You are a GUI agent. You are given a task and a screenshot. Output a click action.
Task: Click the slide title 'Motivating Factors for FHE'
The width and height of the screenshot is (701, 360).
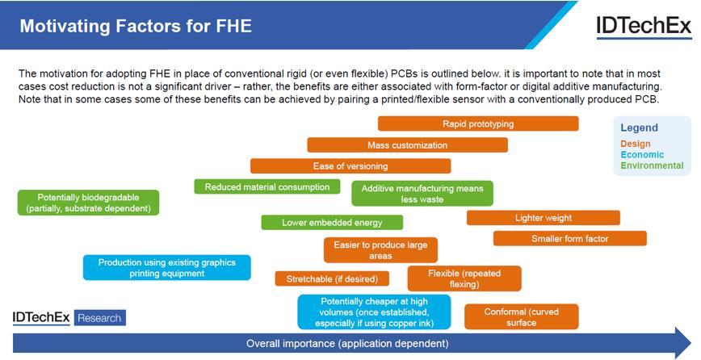(x=136, y=26)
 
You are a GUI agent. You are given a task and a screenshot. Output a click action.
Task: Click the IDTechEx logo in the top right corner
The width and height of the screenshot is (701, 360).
(x=643, y=27)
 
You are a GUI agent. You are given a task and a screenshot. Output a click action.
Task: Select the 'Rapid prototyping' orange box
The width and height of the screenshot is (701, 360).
(x=478, y=123)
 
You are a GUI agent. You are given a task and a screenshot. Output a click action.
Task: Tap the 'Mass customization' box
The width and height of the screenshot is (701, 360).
(x=407, y=145)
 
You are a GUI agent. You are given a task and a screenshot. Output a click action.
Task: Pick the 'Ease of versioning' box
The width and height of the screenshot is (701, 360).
(x=350, y=166)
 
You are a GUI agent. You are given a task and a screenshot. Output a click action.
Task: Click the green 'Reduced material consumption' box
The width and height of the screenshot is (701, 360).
(x=267, y=187)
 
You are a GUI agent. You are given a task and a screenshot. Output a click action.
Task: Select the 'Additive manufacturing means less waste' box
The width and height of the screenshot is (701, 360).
(x=422, y=194)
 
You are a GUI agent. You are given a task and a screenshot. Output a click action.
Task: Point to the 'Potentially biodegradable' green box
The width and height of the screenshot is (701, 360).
(x=88, y=203)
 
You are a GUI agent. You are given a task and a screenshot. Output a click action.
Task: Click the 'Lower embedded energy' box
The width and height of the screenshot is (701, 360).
(x=331, y=223)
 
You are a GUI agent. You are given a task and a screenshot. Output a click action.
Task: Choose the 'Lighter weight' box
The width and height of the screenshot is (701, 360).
(x=543, y=218)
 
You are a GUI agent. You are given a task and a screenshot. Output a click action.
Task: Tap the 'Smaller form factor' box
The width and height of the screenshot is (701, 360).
(x=569, y=239)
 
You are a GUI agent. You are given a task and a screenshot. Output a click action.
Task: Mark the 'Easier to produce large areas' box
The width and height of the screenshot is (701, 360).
(x=380, y=250)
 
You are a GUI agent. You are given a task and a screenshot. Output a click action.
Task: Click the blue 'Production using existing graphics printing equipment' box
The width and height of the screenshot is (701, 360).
(x=167, y=268)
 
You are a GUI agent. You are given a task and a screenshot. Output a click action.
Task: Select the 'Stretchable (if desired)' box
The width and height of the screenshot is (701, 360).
(x=332, y=279)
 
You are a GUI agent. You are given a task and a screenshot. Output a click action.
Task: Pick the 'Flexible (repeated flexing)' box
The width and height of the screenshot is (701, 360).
(x=464, y=278)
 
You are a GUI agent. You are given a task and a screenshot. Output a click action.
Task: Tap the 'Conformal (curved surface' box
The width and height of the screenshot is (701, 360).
(x=521, y=317)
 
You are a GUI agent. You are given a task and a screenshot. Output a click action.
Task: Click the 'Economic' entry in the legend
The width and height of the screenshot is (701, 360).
(x=642, y=155)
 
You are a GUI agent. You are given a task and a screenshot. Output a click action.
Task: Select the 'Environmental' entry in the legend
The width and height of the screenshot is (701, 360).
(x=652, y=166)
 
